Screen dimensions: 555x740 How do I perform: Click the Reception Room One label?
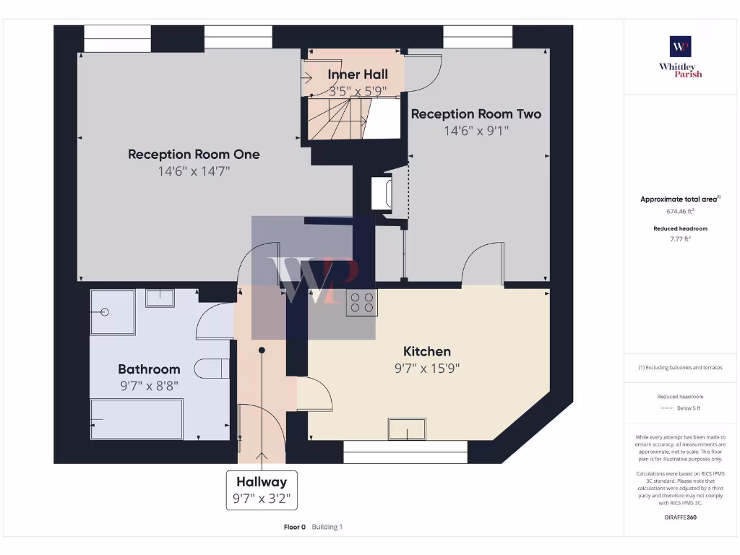[194, 154]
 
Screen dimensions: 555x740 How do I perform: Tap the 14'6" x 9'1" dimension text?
[476, 131]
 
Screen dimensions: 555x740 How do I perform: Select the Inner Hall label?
[357, 74]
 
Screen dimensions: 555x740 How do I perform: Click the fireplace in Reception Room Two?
[381, 193]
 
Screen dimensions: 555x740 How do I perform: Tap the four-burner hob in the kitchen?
[361, 301]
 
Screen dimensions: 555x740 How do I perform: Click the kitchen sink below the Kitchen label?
[407, 429]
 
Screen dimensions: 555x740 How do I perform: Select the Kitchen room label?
[426, 351]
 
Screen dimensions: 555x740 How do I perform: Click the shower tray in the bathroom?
[113, 312]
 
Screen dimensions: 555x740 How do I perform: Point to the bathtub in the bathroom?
[136, 419]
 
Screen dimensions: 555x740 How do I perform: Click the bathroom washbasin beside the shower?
[159, 298]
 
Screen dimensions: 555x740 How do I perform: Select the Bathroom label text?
[149, 369]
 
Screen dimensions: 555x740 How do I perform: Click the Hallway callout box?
[261, 490]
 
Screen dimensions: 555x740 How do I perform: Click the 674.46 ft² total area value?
[680, 212]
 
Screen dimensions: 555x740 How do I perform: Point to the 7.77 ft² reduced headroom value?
[680, 238]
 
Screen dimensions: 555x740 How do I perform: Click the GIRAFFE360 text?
[680, 517]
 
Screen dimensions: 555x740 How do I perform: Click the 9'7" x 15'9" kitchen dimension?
[426, 368]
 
